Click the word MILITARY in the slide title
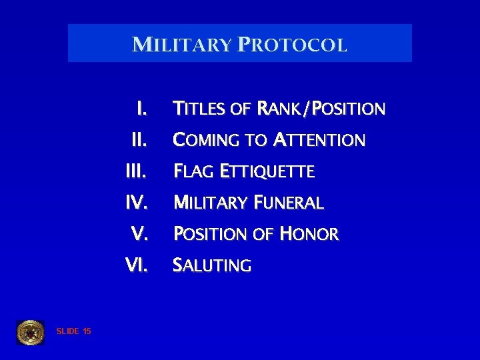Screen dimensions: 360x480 [181, 45]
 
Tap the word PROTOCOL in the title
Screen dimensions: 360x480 [291, 45]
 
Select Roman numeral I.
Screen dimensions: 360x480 [141, 107]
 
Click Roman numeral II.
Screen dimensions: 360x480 [139, 140]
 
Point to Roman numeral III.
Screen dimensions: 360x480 [136, 171]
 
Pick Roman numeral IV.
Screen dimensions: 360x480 [137, 202]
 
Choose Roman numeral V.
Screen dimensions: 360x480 [139, 234]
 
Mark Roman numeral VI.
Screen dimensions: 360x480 [137, 265]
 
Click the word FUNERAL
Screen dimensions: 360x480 [287, 203]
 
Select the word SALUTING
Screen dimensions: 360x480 [212, 266]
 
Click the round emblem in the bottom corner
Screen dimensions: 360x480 [30, 332]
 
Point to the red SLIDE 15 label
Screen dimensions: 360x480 [74, 331]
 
